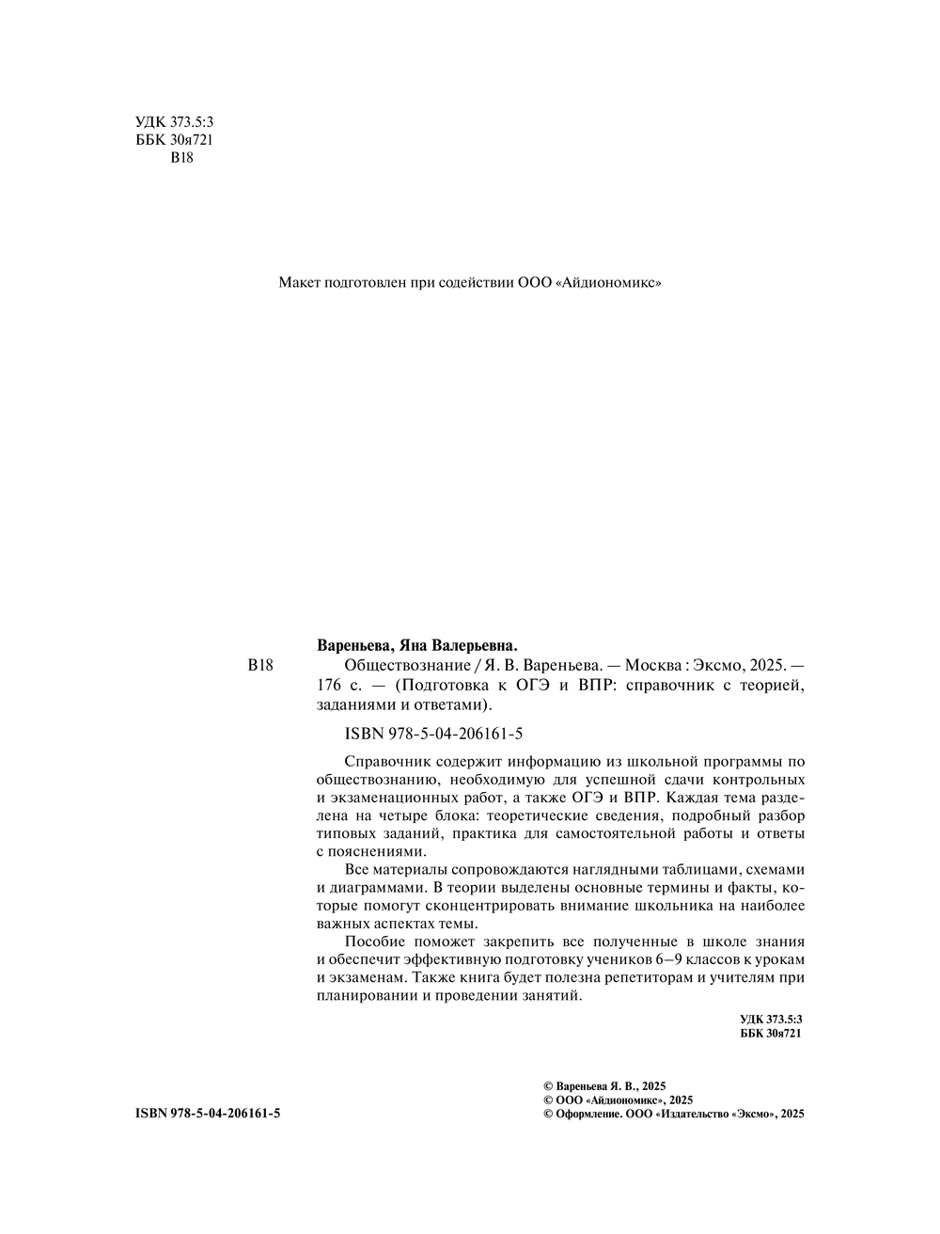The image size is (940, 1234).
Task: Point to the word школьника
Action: [x=678, y=905]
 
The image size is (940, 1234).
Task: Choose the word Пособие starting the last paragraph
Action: [x=373, y=941]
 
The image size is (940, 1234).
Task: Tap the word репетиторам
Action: [x=654, y=977]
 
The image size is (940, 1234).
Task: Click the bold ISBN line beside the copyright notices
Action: [x=208, y=1114]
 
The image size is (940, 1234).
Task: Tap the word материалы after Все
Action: [x=411, y=869]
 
